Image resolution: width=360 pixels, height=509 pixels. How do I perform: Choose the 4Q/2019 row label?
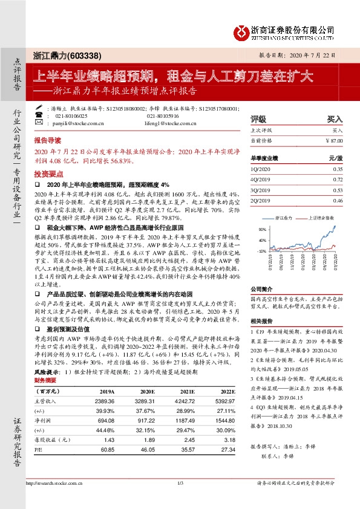point(261,180)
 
